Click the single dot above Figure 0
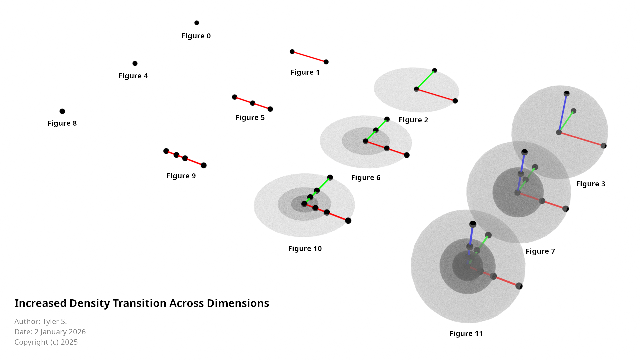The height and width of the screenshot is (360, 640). point(197,23)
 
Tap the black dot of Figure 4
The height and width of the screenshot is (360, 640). point(135,63)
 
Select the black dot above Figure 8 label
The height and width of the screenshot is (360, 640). point(62,111)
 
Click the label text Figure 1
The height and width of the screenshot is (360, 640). point(305,72)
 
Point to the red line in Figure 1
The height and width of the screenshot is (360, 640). point(309,57)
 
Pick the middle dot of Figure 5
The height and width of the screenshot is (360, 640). point(253,103)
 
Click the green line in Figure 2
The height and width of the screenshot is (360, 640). point(425,80)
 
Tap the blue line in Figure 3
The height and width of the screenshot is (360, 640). point(563,113)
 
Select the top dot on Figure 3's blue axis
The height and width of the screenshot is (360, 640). point(567,94)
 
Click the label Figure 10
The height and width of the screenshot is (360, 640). point(305,249)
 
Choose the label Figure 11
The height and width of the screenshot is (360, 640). point(466,334)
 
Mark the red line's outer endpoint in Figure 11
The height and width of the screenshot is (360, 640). point(519,286)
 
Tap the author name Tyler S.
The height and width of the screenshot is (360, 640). point(55,322)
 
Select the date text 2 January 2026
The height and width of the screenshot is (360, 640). point(60,332)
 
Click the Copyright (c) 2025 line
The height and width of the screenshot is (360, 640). point(46,342)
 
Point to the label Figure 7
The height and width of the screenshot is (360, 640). point(540,251)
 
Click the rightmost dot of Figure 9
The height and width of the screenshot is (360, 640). point(204,165)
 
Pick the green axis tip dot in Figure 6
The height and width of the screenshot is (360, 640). point(387,119)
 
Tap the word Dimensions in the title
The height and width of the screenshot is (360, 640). point(238,303)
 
